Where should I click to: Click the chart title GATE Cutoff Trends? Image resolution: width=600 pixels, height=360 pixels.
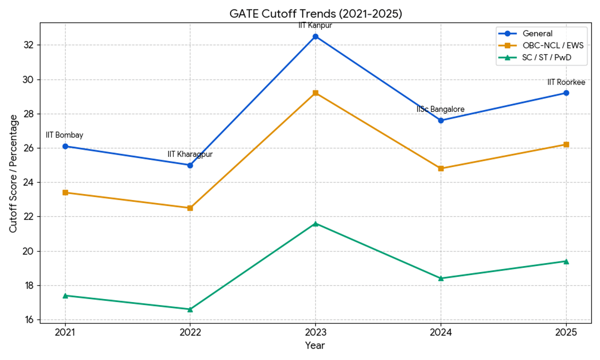pos(315,14)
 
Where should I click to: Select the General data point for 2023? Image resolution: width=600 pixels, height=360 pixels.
pos(315,36)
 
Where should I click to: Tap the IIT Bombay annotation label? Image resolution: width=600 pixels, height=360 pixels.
pos(64,135)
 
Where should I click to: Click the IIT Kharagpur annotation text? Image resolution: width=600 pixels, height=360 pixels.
pos(190,154)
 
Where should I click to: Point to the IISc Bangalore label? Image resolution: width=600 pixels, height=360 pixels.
pos(440,109)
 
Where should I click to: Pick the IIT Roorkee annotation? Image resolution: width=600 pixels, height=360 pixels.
pos(566,82)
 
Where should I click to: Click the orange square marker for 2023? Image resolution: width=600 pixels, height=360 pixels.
pos(315,93)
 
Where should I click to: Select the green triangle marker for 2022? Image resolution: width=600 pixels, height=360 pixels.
pos(190,309)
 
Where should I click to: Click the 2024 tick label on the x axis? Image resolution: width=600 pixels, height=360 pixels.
pos(440,331)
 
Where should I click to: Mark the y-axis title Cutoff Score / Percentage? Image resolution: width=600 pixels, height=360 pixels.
pos(13,173)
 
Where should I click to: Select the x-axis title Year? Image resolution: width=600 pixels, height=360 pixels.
pos(315,345)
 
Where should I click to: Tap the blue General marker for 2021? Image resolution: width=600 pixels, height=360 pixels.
pos(65,146)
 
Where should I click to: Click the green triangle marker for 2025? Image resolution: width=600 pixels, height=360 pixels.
pos(566,261)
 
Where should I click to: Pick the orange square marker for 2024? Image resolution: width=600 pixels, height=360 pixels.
pos(440,168)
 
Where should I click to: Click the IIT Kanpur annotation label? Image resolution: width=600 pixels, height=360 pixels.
pos(315,25)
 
